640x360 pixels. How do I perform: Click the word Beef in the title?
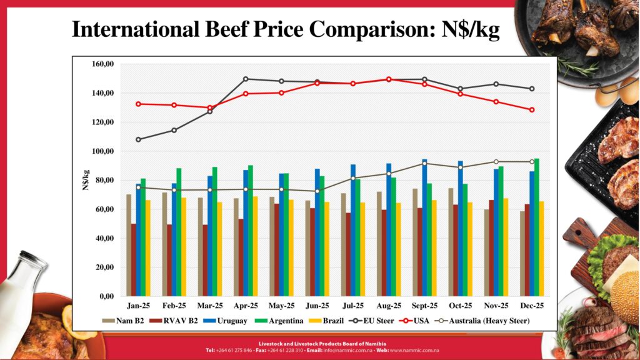tap(231, 29)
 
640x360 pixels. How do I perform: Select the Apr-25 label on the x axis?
tap(246, 306)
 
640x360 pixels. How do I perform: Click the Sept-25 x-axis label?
tap(424, 306)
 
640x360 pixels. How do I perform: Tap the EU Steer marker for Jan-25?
tap(138, 139)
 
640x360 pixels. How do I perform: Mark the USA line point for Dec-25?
tap(532, 110)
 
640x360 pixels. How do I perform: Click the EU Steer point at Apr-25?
tap(246, 79)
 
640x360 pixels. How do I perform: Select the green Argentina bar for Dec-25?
tap(537, 227)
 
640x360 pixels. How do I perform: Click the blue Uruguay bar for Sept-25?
tap(424, 227)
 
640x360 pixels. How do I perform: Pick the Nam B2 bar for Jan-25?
tap(129, 245)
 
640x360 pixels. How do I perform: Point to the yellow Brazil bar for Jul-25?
tap(362, 249)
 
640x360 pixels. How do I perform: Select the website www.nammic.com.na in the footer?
tap(416, 350)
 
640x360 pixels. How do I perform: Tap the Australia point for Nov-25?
tap(496, 161)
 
